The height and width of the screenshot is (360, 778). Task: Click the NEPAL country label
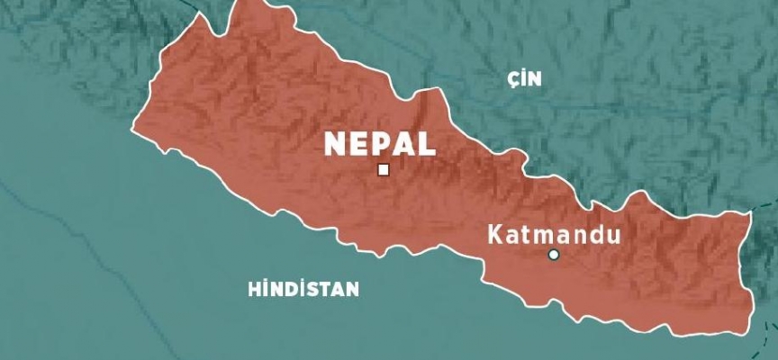pyautogui.click(x=379, y=144)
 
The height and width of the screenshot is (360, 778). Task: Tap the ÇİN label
pyautogui.click(x=525, y=79)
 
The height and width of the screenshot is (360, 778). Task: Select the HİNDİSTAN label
pyautogui.click(x=303, y=289)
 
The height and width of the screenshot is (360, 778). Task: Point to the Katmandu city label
pyautogui.click(x=554, y=236)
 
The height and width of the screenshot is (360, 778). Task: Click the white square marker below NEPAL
pyautogui.click(x=384, y=169)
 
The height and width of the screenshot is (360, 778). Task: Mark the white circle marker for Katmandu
pyautogui.click(x=554, y=255)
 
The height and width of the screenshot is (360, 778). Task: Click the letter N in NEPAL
pyautogui.click(x=334, y=144)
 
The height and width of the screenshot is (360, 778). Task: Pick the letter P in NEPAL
pyautogui.click(x=380, y=144)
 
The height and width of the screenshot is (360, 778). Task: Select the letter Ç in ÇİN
pyautogui.click(x=513, y=80)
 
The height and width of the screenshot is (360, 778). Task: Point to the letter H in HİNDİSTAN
pyautogui.click(x=253, y=289)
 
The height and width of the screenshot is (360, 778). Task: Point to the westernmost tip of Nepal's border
pyautogui.click(x=132, y=127)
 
